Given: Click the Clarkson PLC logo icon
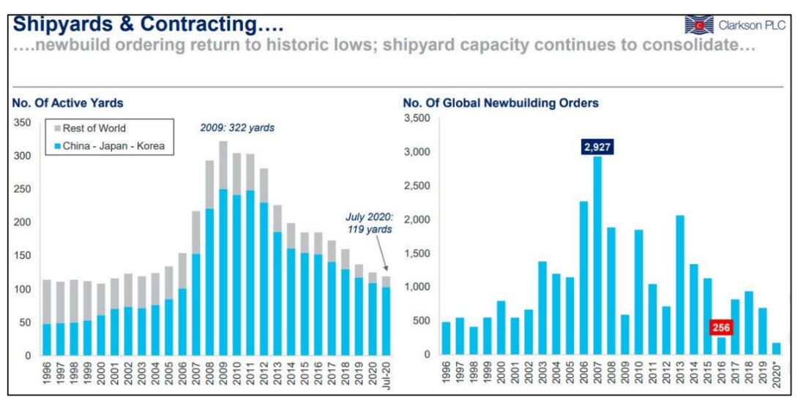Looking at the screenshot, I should pyautogui.click(x=698, y=25).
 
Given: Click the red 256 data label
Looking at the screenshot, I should pyautogui.click(x=721, y=329).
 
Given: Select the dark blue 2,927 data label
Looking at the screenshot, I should pyautogui.click(x=597, y=147).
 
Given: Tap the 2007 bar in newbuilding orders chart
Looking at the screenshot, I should pyautogui.click(x=597, y=256).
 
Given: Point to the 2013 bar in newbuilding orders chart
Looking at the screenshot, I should pyautogui.click(x=680, y=285).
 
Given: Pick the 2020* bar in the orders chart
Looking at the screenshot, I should pyautogui.click(x=777, y=349).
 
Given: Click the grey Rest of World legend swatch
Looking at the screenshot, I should pyautogui.click(x=56, y=129).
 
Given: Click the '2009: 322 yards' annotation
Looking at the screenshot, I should pyautogui.click(x=237, y=128).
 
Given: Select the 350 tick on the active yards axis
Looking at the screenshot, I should pyautogui.click(x=22, y=123).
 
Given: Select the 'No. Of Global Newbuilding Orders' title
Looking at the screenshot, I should pyautogui.click(x=501, y=103).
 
